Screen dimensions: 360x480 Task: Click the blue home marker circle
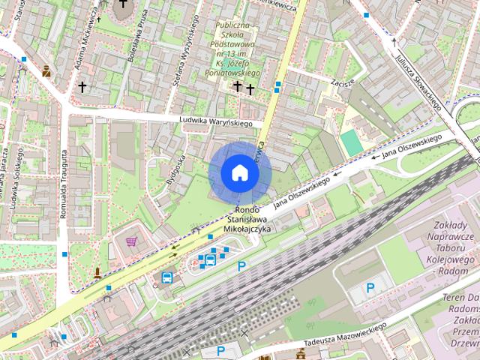[239, 172]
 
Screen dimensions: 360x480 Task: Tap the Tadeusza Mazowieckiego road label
[345, 336]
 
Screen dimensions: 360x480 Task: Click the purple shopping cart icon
[132, 241]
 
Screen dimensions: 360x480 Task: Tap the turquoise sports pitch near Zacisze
[350, 142]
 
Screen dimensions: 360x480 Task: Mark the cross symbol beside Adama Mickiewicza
[82, 87]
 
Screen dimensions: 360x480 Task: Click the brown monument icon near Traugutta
[97, 272]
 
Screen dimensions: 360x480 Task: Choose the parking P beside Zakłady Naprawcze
[370, 288]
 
